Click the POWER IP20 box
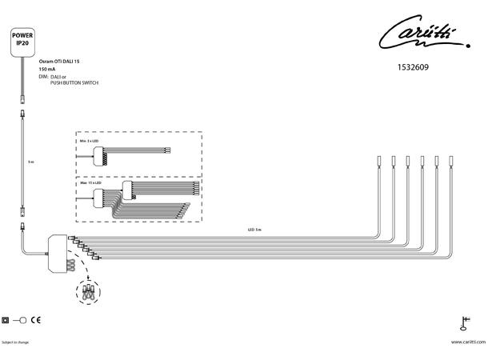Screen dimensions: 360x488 [x=22, y=41]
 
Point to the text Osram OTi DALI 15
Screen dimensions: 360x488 [x=60, y=61]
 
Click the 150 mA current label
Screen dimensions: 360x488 [x=47, y=69]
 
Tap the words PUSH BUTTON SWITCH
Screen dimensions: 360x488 [x=68, y=82]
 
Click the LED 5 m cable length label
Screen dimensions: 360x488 [x=255, y=230]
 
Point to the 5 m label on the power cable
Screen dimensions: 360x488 [x=30, y=161]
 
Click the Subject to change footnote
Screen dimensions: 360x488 [x=15, y=342]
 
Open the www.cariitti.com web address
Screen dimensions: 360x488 [x=467, y=342]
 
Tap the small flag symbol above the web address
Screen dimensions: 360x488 [x=463, y=323]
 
